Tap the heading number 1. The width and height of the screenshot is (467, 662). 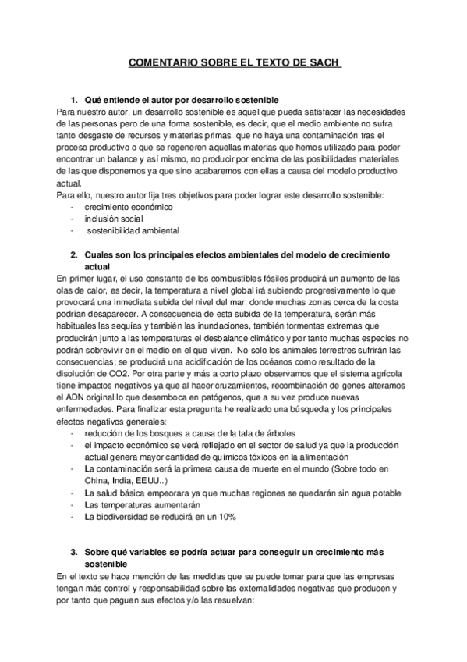point(74,101)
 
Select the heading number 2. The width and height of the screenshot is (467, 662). point(74,255)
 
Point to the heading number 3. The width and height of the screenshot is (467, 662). point(74,553)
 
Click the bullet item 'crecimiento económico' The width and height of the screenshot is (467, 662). point(129,207)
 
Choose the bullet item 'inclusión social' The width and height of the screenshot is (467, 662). point(115,219)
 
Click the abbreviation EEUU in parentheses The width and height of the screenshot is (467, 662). point(150,480)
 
